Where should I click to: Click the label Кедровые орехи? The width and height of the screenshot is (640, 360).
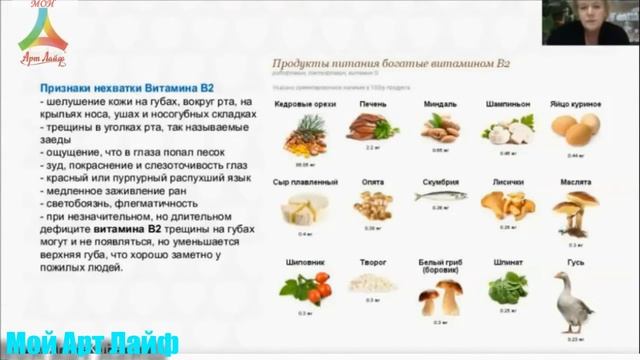(x=298, y=103)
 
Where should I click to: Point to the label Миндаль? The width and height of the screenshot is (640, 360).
(x=440, y=103)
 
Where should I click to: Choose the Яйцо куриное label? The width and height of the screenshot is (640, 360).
(x=572, y=103)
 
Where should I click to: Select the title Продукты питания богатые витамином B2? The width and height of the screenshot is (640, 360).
(x=392, y=62)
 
